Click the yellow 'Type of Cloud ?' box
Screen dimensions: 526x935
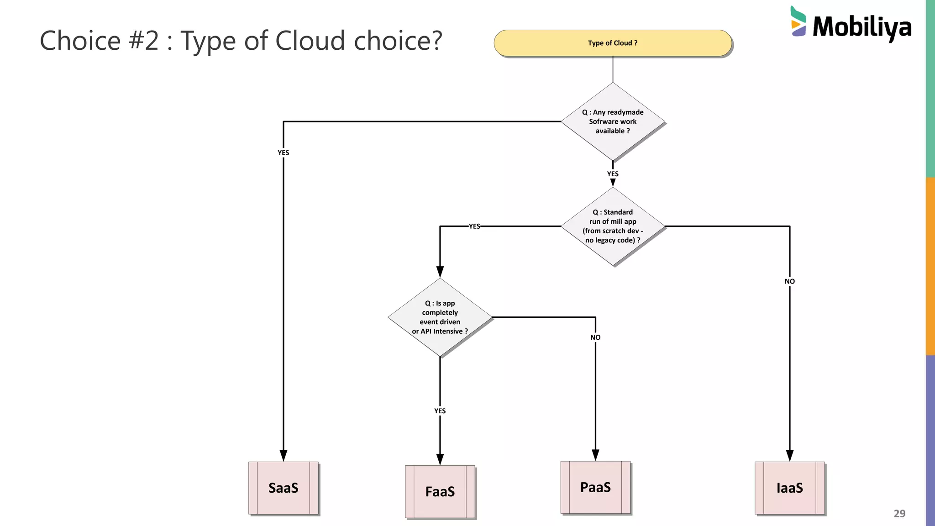click(613, 43)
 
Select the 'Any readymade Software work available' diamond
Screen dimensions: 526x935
click(613, 121)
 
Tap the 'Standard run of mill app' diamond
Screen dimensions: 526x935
click(613, 226)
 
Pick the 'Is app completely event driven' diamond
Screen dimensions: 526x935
click(440, 317)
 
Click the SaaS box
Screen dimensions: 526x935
click(283, 488)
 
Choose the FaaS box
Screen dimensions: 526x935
click(440, 491)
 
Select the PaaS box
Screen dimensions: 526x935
click(595, 487)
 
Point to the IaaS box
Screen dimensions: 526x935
click(789, 488)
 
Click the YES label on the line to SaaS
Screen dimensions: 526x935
click(283, 153)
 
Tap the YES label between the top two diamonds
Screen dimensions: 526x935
click(613, 174)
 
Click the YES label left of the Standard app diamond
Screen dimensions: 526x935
click(474, 226)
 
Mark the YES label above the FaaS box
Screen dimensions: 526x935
click(440, 411)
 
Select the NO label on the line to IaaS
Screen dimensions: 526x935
click(789, 281)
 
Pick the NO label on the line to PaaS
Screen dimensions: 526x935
click(595, 337)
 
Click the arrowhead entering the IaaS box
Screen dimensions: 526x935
click(789, 455)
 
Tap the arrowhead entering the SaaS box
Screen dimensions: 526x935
click(283, 455)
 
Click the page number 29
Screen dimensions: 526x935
click(899, 513)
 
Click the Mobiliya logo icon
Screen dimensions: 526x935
click(798, 21)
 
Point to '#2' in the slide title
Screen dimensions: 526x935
click(144, 41)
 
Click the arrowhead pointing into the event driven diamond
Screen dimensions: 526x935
click(440, 272)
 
